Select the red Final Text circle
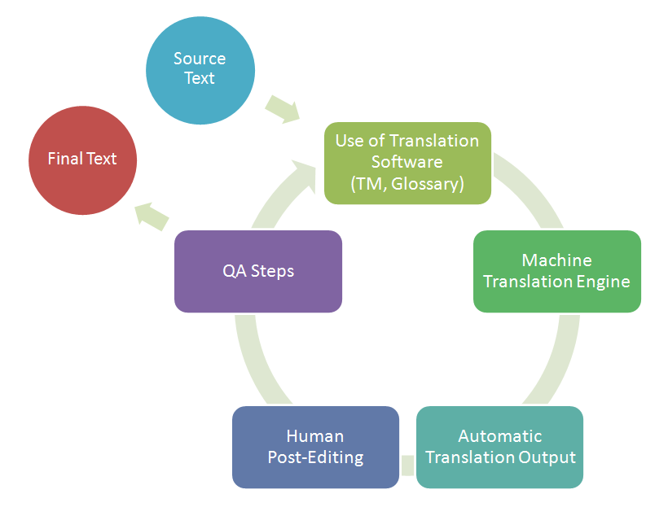(x=82, y=160)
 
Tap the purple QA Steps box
(x=258, y=271)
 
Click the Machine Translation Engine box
(x=556, y=271)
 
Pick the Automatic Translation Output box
(x=499, y=447)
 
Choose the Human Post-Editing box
(x=315, y=447)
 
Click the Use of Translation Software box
(x=407, y=162)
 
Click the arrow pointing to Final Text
(x=152, y=215)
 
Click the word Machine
(x=557, y=260)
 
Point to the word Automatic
(x=500, y=436)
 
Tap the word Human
(x=315, y=436)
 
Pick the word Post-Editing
(x=315, y=457)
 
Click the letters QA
(x=234, y=271)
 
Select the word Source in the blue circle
(x=200, y=59)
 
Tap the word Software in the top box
(x=407, y=162)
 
